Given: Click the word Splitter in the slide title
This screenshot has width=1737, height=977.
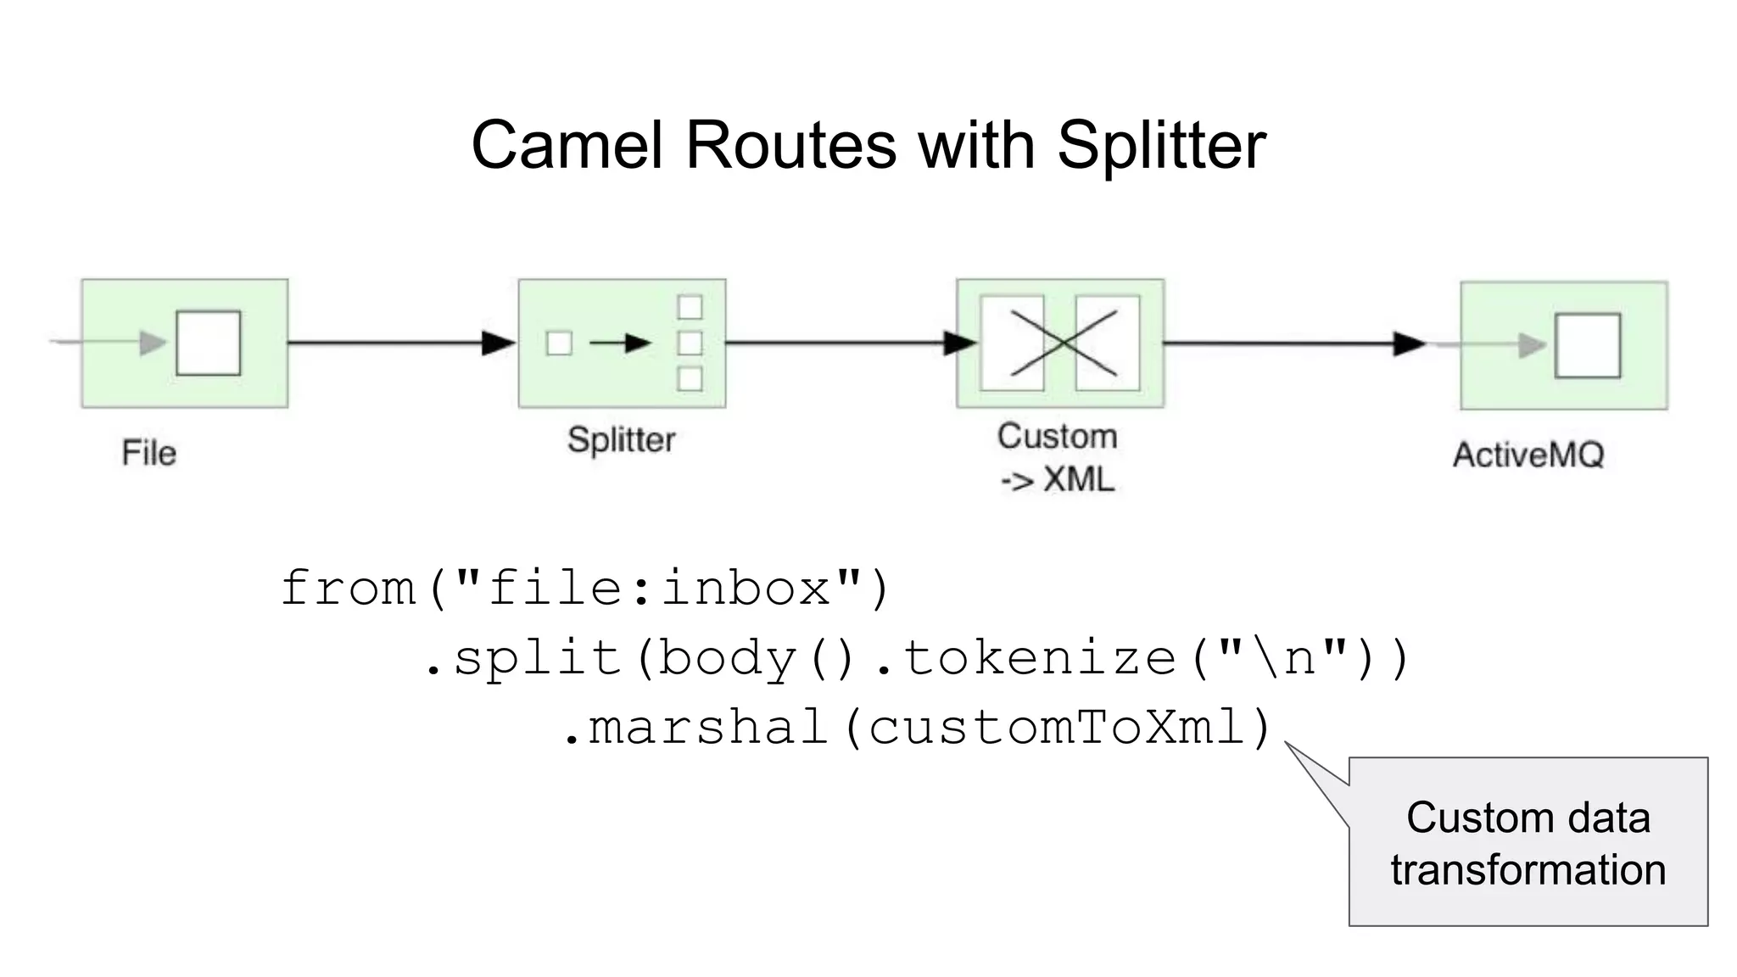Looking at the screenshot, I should click(x=1161, y=146).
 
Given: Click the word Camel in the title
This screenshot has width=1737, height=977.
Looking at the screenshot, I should click(x=567, y=146).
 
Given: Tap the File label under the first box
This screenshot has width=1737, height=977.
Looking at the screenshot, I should click(x=149, y=453).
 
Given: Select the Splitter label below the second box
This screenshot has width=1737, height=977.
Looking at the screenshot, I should click(x=621, y=440).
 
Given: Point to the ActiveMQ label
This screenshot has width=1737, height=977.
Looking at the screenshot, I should click(x=1528, y=455).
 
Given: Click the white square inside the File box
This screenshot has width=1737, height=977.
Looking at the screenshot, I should click(x=208, y=343).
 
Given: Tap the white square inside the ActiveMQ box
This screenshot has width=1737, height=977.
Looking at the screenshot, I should click(x=1587, y=345).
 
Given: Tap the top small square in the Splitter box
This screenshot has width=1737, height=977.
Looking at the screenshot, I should click(x=690, y=306).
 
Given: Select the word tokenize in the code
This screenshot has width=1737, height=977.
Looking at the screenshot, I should click(x=1040, y=658).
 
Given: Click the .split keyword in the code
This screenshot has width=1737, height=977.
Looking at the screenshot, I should click(x=523, y=658).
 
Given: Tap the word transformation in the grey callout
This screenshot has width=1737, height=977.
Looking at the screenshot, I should click(x=1528, y=870).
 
